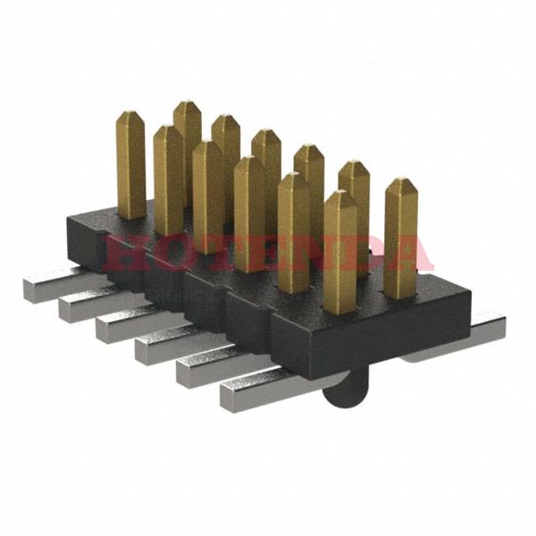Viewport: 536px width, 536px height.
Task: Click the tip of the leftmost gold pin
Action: tap(130, 117)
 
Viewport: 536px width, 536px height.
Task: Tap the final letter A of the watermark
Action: tap(411, 254)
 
